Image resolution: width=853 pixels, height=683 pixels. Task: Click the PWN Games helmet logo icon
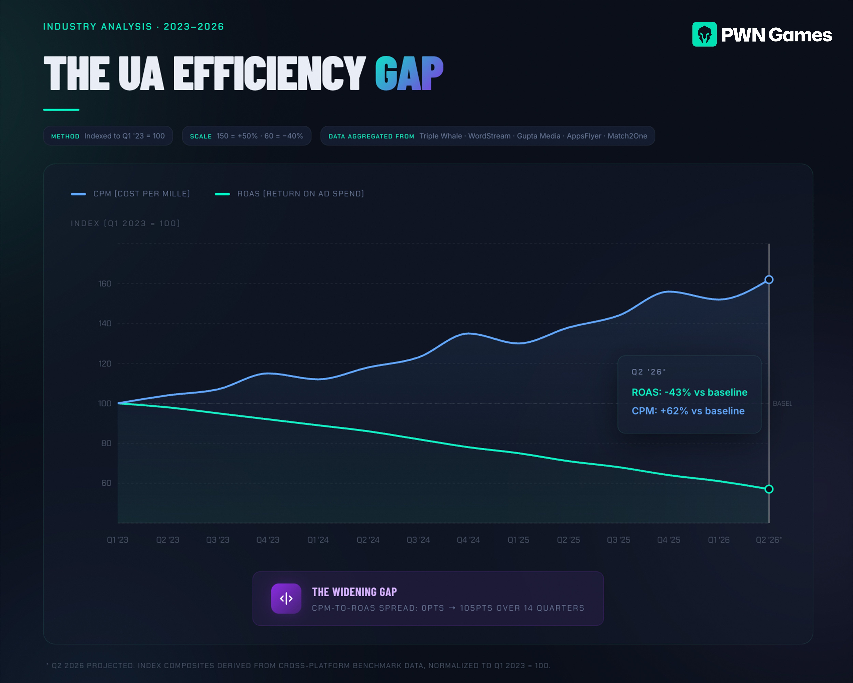tap(704, 34)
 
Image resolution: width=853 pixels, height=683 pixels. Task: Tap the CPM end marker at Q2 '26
tap(769, 280)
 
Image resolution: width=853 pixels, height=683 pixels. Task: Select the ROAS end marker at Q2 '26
tap(769, 489)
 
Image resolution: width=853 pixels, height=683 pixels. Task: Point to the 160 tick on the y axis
tap(105, 284)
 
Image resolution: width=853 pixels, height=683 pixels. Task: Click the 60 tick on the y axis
tap(106, 483)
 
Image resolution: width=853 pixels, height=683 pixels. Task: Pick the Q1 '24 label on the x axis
tap(318, 540)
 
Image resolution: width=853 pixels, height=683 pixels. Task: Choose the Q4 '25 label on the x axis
tap(668, 540)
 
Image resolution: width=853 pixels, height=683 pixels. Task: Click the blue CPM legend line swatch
tap(78, 194)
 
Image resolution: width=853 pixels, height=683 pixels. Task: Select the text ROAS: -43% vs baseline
tap(689, 392)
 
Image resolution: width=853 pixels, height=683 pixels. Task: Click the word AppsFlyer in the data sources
tap(584, 136)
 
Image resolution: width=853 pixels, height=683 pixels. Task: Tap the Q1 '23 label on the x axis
tap(118, 540)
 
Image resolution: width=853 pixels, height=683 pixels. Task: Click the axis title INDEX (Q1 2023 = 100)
tap(125, 224)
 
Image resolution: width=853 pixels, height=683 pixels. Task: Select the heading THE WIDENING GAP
tap(354, 592)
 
